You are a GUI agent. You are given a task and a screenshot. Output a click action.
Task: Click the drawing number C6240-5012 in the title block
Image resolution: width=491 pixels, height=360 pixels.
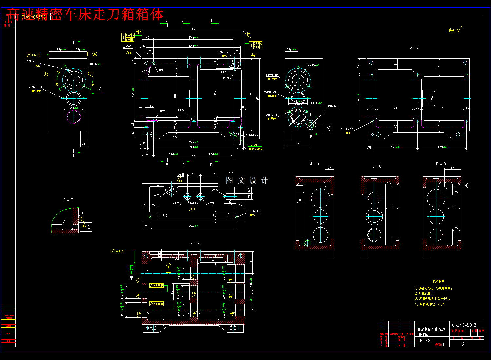point(464,325)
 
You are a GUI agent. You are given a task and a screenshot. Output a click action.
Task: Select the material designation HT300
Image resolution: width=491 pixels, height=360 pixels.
point(426,341)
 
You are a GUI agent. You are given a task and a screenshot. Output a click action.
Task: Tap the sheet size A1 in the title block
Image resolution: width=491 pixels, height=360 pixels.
point(464,344)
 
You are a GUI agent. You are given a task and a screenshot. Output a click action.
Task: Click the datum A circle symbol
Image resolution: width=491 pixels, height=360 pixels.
point(95,54)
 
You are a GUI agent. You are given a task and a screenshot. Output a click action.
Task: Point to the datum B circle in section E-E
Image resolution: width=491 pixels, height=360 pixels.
point(169,265)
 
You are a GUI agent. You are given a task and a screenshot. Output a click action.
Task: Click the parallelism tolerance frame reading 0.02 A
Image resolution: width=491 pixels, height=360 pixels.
point(33,55)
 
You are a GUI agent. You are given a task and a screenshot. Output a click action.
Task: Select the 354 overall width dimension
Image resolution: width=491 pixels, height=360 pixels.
point(193,29)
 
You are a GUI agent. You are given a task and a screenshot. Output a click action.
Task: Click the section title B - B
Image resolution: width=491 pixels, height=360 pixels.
point(314,163)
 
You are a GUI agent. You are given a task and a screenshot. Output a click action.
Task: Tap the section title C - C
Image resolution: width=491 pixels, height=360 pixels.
point(376,166)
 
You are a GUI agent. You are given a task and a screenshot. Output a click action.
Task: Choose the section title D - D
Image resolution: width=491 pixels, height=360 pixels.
point(441,164)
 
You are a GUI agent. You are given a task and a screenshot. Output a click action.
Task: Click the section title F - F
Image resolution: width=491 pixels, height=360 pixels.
point(68,200)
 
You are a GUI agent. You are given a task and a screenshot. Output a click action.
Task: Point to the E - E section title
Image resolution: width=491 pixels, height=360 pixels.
point(195,243)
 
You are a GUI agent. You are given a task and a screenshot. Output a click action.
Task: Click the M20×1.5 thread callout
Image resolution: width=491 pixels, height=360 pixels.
point(334,106)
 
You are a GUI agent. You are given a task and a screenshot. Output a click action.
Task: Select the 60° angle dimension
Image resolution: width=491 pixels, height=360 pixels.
point(59,72)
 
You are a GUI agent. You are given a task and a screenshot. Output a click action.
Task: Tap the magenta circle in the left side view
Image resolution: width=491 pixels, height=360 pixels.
point(74,117)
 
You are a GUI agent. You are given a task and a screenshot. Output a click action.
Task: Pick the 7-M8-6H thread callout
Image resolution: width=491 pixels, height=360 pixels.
point(223,52)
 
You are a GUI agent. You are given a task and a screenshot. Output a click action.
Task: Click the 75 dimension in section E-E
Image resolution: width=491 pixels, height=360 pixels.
point(251,262)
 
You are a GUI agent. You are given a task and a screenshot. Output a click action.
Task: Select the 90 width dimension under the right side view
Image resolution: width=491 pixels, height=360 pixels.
point(298,144)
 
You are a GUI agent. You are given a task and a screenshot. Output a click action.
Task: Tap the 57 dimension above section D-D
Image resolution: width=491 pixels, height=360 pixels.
point(452,168)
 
